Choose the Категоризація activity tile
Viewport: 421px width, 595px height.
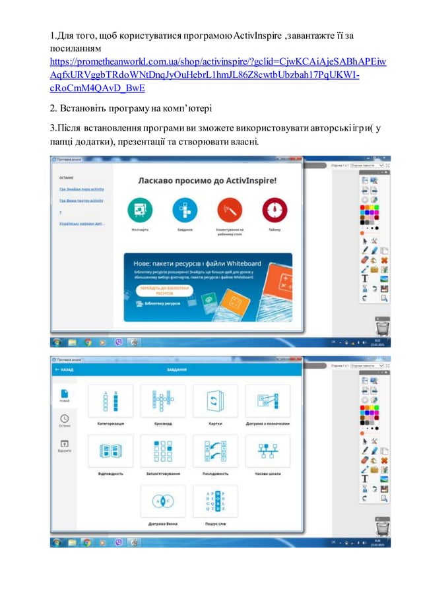(110, 402)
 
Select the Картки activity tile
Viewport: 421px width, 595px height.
(215, 402)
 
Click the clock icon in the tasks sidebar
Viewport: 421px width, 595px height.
(64, 419)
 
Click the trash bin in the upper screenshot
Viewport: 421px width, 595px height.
(382, 327)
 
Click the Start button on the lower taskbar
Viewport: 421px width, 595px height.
(57, 542)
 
